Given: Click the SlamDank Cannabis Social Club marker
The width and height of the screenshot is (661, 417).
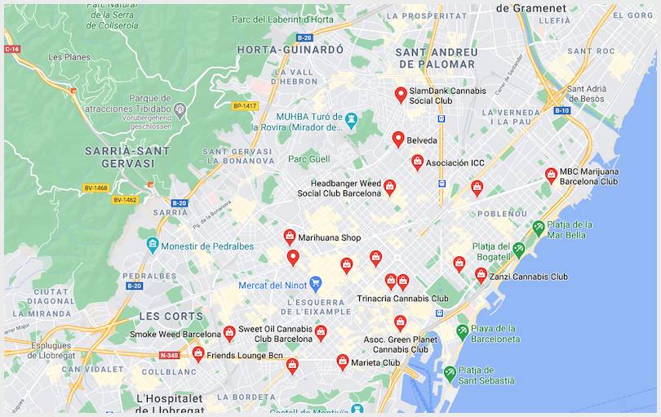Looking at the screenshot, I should point(401,95).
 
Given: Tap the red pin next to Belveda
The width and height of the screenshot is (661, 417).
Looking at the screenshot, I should point(398,139).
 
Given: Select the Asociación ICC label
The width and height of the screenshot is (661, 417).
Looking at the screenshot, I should point(455,163).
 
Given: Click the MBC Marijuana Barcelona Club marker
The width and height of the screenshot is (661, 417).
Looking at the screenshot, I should point(552,175).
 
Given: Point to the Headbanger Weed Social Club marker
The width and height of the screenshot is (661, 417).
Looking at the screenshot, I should point(390,187).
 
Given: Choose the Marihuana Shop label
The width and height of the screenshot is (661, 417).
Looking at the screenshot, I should point(329,238).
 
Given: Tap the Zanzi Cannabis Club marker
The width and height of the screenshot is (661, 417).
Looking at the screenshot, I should point(481,275).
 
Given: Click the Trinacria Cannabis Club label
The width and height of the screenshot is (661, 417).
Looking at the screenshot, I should point(402,299).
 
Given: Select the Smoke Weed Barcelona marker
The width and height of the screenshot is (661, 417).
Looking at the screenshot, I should point(229,333).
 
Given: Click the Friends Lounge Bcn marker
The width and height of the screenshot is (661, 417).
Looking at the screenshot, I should point(198,353).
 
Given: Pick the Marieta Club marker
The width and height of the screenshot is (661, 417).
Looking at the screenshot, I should point(343,361).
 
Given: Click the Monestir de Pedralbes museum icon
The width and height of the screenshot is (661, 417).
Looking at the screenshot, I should point(153,244).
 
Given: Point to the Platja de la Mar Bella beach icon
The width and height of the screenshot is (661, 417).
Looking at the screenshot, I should point(538,228).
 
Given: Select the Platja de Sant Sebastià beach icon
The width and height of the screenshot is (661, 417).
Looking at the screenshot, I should point(450,374).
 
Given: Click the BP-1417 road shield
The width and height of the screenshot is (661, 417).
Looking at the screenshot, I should point(245,106).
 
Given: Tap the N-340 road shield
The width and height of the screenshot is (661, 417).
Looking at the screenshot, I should point(169,355).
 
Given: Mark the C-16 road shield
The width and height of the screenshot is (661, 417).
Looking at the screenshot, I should point(11,49).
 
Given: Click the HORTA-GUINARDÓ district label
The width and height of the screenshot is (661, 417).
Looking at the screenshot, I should point(290,50).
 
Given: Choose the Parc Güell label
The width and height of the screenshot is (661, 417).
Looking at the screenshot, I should point(309,158).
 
